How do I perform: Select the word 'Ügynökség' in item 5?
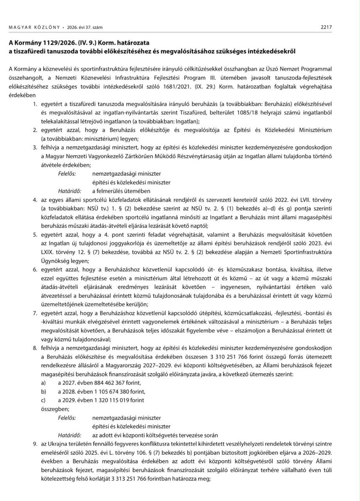pos(57,261)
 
